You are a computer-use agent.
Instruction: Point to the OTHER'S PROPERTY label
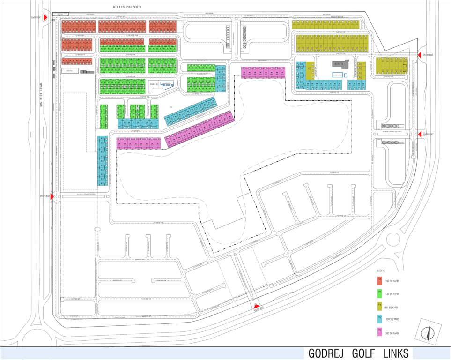click(127, 7)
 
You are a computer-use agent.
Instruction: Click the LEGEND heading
click(381, 271)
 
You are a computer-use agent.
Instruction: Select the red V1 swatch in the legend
click(379, 280)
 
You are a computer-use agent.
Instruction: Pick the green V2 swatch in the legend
click(379, 293)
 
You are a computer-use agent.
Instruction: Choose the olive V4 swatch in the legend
click(379, 307)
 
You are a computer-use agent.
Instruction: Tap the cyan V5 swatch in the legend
click(379, 319)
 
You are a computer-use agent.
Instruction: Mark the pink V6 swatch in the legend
click(379, 332)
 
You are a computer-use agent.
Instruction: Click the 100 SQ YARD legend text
click(392, 281)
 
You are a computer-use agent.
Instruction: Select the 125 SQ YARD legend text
click(392, 294)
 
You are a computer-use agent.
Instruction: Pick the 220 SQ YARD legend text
click(392, 320)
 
